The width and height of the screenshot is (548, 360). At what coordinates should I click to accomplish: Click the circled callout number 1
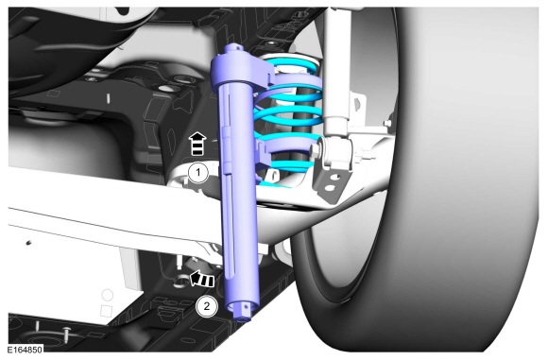[198, 173]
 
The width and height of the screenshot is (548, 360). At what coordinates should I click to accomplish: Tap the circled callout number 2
[207, 306]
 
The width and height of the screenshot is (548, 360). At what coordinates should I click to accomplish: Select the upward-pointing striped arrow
[197, 144]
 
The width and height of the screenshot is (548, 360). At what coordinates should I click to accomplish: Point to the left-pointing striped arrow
[201, 279]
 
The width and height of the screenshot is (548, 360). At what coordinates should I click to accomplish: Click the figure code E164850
[26, 350]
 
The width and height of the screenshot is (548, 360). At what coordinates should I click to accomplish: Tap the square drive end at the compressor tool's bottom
[243, 312]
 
